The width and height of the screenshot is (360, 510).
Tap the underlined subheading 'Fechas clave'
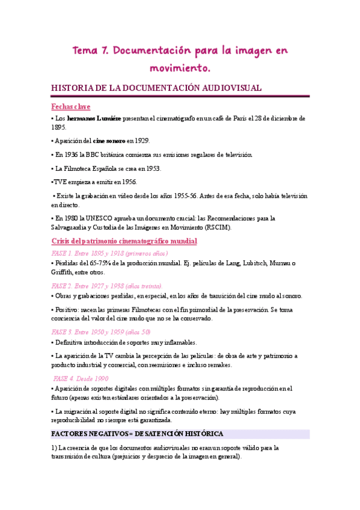click(71, 106)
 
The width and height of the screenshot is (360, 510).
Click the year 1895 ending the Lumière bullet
click(59, 127)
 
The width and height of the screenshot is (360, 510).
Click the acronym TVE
click(61, 182)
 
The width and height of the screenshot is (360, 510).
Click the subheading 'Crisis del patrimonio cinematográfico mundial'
click(124, 241)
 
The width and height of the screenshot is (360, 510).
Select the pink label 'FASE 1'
click(63, 253)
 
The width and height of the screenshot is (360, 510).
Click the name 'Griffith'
click(64, 272)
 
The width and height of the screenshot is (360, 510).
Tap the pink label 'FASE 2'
click(63, 286)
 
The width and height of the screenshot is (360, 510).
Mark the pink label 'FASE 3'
click(63, 331)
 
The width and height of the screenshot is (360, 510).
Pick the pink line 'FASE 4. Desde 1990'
click(81, 378)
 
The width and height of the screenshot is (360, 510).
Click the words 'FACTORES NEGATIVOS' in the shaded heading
click(92, 434)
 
